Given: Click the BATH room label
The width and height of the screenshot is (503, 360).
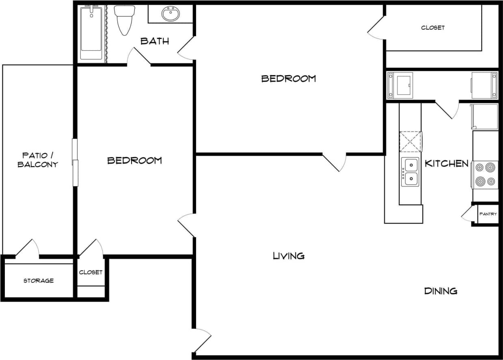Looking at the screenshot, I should (x=155, y=41).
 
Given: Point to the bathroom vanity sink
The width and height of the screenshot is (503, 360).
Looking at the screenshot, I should (x=171, y=15).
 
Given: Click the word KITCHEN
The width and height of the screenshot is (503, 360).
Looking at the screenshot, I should (x=447, y=163).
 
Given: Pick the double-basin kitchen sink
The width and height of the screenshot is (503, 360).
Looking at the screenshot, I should (x=410, y=171).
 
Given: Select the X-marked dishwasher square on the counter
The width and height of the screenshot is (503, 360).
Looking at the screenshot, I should (x=410, y=142).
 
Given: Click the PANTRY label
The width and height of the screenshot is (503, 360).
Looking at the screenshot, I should (x=488, y=214).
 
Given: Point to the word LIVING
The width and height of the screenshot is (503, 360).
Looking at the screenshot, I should (x=289, y=256).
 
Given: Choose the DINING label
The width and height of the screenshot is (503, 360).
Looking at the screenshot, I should (x=441, y=291).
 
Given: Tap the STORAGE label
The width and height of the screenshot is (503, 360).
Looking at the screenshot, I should (x=39, y=281).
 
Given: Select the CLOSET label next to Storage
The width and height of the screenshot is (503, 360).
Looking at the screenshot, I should (x=91, y=272).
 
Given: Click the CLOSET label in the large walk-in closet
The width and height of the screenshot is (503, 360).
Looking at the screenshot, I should (x=433, y=28).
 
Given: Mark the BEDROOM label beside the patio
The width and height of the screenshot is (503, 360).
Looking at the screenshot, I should (x=134, y=160).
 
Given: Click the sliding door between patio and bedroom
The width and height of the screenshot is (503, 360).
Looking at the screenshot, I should (x=75, y=163).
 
